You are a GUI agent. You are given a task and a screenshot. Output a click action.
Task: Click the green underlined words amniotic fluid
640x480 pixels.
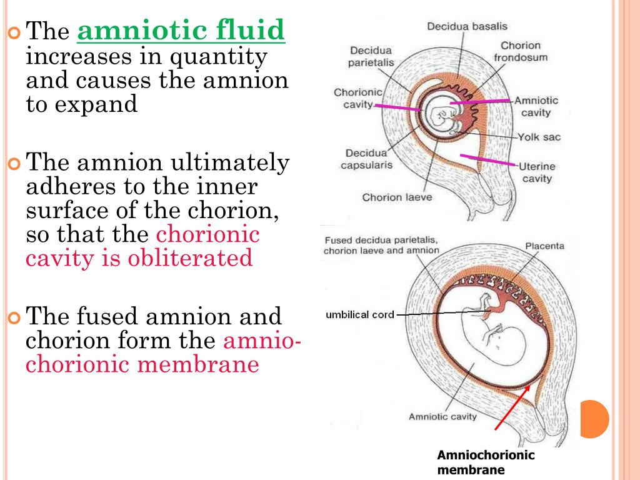(x=181, y=30)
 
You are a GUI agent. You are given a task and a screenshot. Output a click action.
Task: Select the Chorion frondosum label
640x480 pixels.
(x=521, y=51)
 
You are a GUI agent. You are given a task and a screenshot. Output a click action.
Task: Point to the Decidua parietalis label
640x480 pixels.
(x=371, y=56)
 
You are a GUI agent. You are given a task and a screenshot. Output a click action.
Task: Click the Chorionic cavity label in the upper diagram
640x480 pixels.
(x=353, y=98)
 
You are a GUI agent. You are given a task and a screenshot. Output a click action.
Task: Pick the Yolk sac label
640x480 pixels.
(x=539, y=137)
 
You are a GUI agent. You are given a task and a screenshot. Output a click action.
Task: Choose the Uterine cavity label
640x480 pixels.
(x=537, y=172)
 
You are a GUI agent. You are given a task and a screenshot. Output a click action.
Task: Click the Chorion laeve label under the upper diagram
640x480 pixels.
(x=397, y=197)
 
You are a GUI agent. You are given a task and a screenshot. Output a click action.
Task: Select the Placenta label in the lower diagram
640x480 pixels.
(x=544, y=246)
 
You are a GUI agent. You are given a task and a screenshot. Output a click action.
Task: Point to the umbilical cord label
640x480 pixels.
(x=360, y=314)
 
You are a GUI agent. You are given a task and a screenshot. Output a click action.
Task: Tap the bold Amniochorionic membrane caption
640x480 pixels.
(x=486, y=462)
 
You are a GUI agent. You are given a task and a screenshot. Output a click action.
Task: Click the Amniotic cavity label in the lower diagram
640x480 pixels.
(x=442, y=417)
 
